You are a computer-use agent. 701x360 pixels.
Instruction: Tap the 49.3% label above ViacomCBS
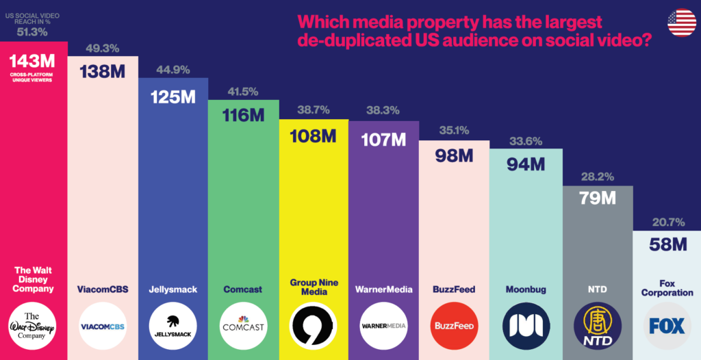coord(102,48)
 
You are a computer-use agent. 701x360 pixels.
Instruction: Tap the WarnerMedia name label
coord(384,290)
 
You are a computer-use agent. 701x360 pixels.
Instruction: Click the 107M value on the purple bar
coord(384,140)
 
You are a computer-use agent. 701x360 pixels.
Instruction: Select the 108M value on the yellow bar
coord(314,136)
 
